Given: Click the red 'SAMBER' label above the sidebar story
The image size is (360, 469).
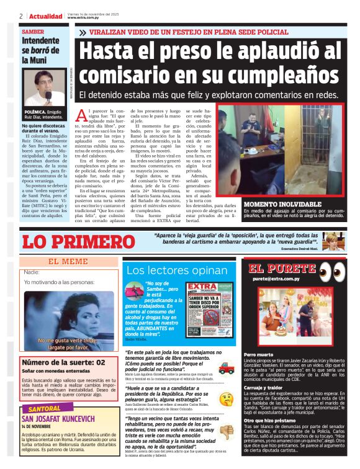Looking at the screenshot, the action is click(33, 31).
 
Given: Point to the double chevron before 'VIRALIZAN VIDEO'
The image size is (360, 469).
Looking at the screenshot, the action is click(83, 32).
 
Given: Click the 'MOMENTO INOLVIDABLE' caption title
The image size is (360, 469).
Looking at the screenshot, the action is click(274, 203).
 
